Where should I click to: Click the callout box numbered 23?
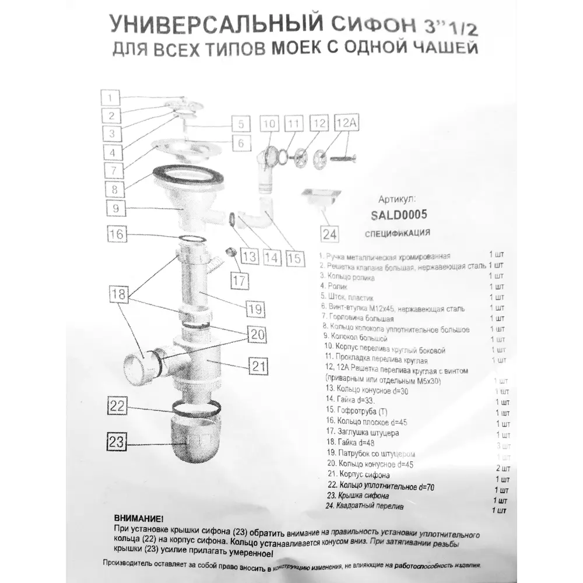(x=117, y=442)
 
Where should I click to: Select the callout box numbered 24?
(x=329, y=234)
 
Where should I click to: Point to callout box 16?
(x=117, y=234)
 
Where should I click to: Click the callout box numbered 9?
(x=117, y=208)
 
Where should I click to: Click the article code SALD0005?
(x=399, y=215)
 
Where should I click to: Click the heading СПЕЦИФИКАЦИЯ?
(x=397, y=234)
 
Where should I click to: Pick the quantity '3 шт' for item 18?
(x=502, y=445)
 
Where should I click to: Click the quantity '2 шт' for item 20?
(x=502, y=468)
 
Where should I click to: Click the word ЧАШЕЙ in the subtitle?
(x=446, y=48)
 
